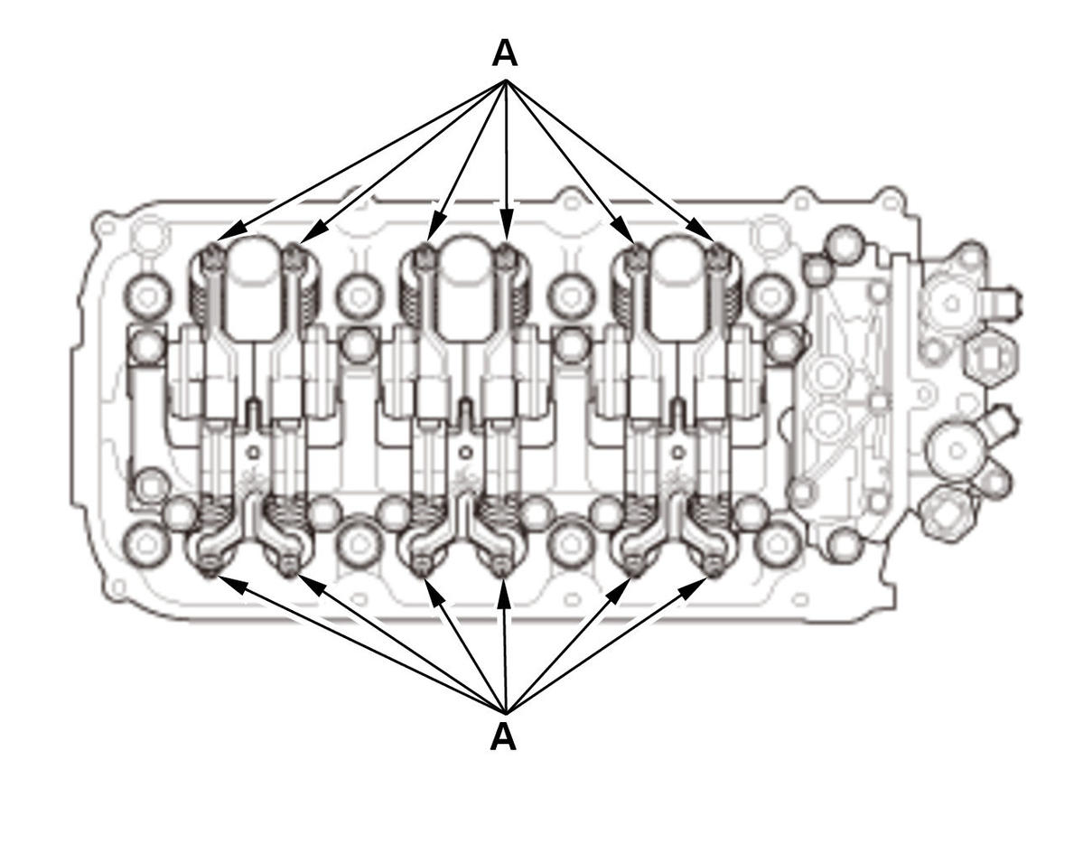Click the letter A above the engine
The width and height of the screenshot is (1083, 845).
(x=505, y=53)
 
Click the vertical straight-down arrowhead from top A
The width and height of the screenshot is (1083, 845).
(x=507, y=219)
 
